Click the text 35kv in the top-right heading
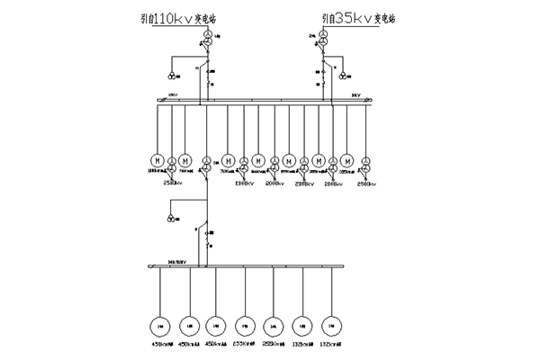coord(347,19)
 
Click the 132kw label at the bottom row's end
coord(335,343)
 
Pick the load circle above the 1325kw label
coord(304,324)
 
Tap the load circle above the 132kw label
coord(333,324)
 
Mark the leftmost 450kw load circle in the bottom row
coord(159,324)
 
